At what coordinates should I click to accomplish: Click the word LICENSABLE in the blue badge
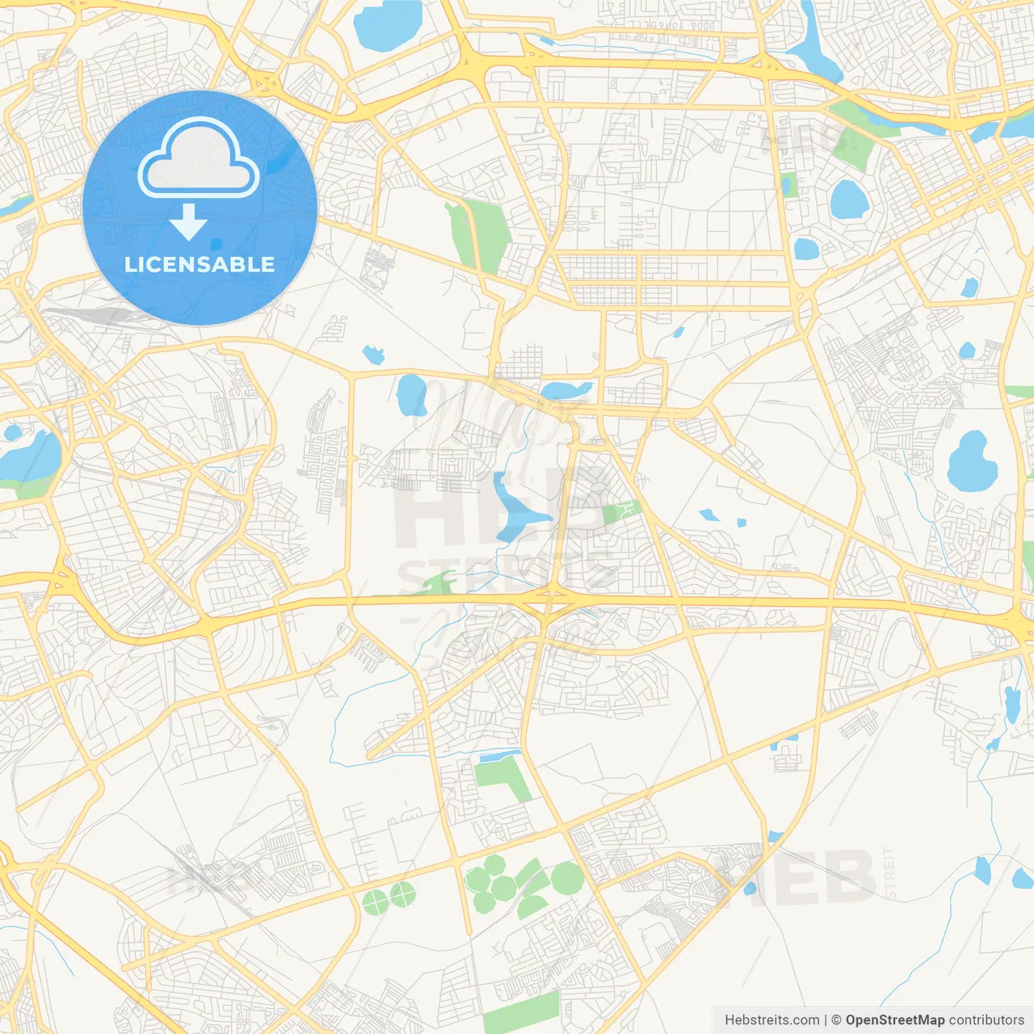(x=200, y=264)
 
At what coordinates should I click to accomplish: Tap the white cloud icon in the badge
(x=199, y=159)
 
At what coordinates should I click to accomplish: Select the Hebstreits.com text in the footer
(x=771, y=1020)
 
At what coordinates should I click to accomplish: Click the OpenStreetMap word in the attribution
(x=894, y=1020)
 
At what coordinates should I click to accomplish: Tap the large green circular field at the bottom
(x=567, y=878)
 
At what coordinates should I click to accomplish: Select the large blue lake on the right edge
(x=972, y=462)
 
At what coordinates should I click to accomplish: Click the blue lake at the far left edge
(x=31, y=457)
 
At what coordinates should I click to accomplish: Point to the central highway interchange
(x=549, y=600)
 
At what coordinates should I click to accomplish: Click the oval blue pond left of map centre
(x=411, y=394)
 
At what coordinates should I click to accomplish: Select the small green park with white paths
(x=620, y=511)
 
